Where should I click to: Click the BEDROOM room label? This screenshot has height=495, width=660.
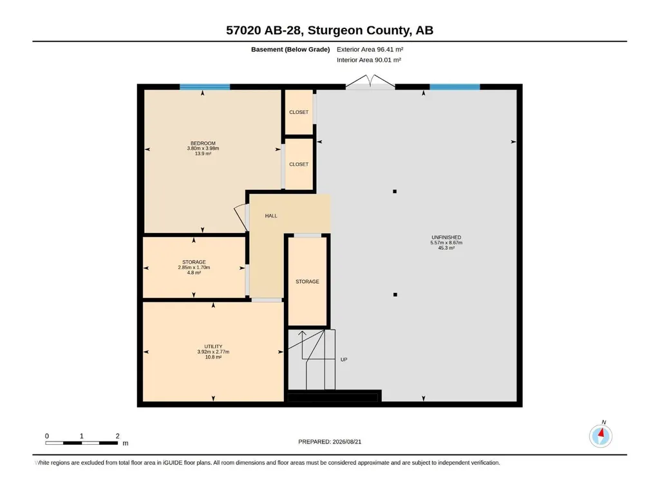[203, 143]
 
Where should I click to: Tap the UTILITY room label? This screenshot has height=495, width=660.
[213, 346]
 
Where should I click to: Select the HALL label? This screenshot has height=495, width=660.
[271, 216]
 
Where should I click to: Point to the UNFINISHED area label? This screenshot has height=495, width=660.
[446, 238]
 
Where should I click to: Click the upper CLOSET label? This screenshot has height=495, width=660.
[299, 113]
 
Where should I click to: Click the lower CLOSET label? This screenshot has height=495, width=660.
[299, 165]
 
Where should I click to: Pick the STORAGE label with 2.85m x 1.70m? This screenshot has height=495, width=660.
[194, 262]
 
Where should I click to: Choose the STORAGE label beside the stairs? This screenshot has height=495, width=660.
[307, 281]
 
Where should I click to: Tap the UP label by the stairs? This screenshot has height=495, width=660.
[344, 359]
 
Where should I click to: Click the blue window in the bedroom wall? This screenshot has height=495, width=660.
[205, 87]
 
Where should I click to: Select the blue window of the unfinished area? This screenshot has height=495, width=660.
[455, 87]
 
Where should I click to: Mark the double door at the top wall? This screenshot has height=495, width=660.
[370, 82]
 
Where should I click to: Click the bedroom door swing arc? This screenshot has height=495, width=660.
[239, 217]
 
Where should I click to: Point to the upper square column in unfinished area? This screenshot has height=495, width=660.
[395, 192]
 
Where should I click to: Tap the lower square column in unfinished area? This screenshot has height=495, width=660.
[395, 295]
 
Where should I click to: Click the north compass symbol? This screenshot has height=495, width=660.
[601, 436]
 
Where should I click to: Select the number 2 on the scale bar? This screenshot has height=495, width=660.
[117, 436]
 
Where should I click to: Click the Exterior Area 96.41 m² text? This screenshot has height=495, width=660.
[370, 50]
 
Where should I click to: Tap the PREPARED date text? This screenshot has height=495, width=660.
[330, 442]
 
